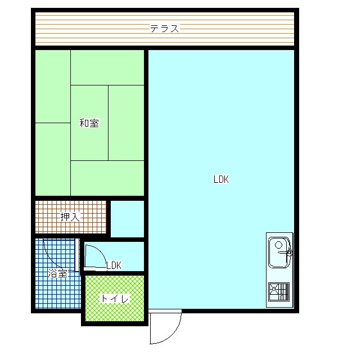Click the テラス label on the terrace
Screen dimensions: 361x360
(x=164, y=29)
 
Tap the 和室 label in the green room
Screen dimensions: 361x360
(x=89, y=123)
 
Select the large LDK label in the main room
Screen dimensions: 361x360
(x=221, y=179)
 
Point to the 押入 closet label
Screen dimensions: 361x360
(x=70, y=217)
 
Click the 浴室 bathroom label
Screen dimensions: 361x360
(x=57, y=273)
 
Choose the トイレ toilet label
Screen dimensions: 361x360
(x=114, y=299)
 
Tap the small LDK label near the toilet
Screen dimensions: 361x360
(x=114, y=265)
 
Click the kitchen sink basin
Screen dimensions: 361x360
(x=279, y=253)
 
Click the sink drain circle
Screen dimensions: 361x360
(x=278, y=244)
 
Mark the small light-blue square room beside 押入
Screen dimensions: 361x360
(x=127, y=219)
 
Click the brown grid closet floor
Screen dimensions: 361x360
(x=71, y=217)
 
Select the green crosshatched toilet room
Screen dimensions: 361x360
(x=115, y=299)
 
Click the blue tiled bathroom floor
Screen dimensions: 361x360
(x=58, y=273)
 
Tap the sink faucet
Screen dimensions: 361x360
(x=287, y=253)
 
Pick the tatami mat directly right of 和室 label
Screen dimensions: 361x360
(x=126, y=123)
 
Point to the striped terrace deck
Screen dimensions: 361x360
(x=165, y=29)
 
